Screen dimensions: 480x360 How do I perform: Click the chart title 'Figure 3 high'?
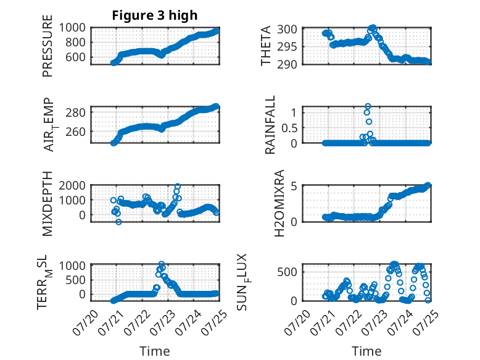(x=155, y=15)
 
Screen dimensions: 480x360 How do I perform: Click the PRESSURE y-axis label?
(x=48, y=46)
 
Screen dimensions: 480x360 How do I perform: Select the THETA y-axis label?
(x=266, y=46)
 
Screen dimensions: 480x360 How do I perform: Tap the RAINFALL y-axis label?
(x=270, y=125)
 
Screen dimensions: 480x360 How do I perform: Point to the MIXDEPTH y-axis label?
(x=48, y=204)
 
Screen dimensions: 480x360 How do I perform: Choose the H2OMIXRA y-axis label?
(x=279, y=203)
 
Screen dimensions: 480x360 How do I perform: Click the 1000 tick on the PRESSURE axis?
(x=72, y=28)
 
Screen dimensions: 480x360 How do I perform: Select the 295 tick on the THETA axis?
(x=287, y=47)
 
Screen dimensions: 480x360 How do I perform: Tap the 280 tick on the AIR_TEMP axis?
(x=76, y=112)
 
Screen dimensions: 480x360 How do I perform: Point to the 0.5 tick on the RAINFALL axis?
(x=289, y=128)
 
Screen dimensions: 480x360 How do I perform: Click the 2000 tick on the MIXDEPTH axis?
(x=72, y=185)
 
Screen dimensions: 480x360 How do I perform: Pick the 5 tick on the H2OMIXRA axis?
(x=294, y=186)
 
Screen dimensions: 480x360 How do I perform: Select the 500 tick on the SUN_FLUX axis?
(x=287, y=272)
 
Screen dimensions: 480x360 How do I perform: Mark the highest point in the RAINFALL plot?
(x=368, y=106)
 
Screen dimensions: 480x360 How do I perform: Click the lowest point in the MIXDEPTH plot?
(x=119, y=222)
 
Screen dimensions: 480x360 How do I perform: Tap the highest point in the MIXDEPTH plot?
(x=178, y=186)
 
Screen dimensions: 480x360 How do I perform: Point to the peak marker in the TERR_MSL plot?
(x=162, y=264)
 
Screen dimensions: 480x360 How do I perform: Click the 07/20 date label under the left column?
(x=86, y=322)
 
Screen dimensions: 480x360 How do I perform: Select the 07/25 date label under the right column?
(x=426, y=322)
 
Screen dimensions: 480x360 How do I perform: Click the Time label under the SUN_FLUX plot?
(x=366, y=351)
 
